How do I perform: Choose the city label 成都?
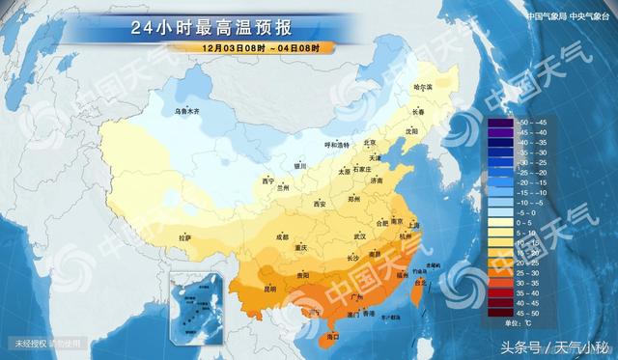tap(281, 236)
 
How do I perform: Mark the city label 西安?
tap(321, 204)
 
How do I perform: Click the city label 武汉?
tap(361, 235)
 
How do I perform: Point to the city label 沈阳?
tap(413, 129)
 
